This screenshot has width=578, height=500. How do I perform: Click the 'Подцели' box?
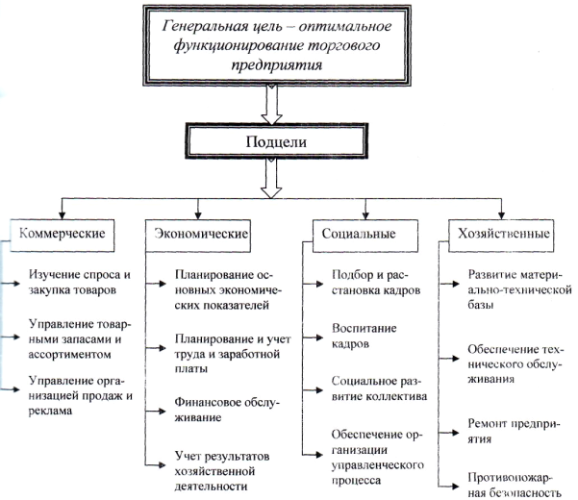point(276,141)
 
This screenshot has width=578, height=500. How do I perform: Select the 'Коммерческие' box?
point(62,236)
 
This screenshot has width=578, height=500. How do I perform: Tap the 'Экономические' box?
point(198,236)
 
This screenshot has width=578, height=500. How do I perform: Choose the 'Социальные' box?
point(365,236)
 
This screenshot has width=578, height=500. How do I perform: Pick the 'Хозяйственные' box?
point(501,236)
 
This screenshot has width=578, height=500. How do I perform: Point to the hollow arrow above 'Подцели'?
point(271,105)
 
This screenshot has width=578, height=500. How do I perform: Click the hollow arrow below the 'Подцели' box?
point(271,179)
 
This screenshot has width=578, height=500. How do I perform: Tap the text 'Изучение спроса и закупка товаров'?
point(80,283)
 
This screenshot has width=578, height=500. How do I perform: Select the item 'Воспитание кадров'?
point(364,336)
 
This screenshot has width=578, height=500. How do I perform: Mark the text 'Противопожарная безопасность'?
point(515,485)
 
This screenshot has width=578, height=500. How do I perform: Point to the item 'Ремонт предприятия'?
point(514,431)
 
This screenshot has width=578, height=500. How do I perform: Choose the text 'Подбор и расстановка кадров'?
point(376,283)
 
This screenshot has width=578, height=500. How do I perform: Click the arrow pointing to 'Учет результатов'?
point(155,465)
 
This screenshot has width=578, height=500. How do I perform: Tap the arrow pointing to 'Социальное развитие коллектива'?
point(313,390)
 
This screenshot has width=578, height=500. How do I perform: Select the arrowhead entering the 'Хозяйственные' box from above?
point(501,216)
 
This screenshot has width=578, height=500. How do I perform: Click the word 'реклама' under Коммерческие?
point(50,412)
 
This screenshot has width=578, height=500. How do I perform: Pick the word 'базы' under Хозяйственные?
point(481,305)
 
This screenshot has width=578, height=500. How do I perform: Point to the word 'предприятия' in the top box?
point(277,65)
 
